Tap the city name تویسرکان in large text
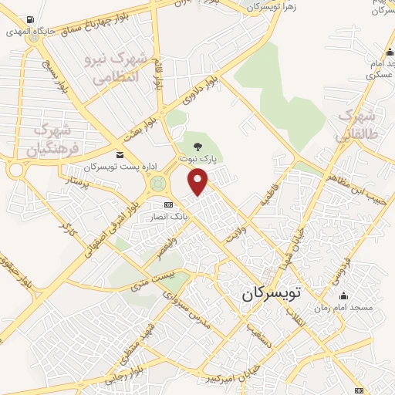point(279,294)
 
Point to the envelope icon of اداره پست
point(120,156)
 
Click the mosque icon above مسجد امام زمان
point(343,296)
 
